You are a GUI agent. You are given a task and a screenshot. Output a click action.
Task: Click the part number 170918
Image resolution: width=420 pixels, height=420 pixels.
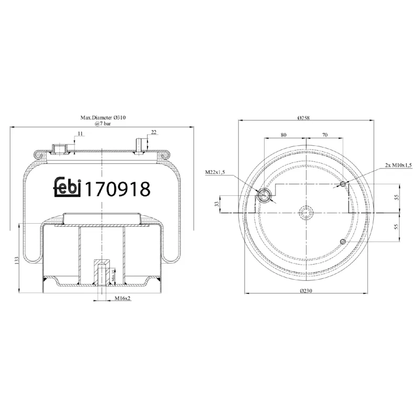117,188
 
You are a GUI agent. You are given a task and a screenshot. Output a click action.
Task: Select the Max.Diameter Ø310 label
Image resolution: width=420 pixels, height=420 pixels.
102,119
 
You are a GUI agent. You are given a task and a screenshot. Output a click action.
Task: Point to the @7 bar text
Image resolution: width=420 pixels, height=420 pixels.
102,125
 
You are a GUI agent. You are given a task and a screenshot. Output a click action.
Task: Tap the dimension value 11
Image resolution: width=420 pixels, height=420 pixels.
80,134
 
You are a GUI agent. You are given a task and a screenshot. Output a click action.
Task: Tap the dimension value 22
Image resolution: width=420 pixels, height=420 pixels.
153,132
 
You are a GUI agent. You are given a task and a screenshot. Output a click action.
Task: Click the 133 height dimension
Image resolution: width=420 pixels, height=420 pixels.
17,260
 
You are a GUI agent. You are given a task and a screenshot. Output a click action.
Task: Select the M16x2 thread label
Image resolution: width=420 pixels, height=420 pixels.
123,299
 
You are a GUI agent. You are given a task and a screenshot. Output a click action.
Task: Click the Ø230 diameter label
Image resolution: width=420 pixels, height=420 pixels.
306,292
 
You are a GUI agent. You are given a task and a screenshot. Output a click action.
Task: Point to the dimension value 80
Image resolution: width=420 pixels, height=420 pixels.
283,135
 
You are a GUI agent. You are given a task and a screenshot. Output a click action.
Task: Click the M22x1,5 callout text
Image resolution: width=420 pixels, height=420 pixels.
215,172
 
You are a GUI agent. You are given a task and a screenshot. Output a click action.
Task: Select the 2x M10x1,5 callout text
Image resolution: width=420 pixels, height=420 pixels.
398,165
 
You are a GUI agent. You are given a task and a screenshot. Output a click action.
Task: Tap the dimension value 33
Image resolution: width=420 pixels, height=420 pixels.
216,204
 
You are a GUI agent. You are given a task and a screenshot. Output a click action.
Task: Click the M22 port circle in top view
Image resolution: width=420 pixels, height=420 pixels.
265,196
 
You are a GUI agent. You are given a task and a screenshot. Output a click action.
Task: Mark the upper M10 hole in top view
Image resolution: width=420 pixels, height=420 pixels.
343,184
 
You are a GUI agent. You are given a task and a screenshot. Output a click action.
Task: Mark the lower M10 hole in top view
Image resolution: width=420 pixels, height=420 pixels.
343,241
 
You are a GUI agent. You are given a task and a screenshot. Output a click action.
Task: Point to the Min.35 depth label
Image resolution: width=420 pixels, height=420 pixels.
114,276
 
